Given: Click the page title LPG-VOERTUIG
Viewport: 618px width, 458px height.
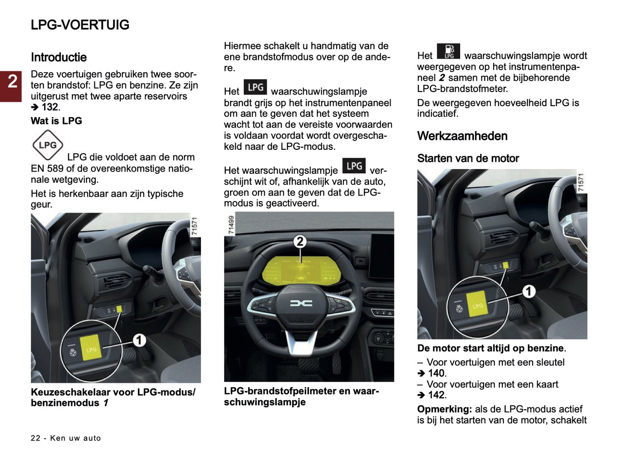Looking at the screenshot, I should pos(80,25).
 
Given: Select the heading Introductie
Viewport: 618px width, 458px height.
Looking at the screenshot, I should pos(59,57).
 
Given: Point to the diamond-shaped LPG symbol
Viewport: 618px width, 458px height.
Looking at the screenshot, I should pos(47,145).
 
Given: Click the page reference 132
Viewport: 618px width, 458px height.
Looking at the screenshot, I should pos(49,107).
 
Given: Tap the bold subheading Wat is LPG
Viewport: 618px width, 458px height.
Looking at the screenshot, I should pos(56,121).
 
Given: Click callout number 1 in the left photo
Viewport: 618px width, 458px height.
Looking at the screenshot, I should pos(139,341).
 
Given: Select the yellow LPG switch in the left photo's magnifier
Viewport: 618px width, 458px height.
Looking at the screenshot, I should pos(91,347).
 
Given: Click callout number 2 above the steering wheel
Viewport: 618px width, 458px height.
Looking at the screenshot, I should pos(300,241).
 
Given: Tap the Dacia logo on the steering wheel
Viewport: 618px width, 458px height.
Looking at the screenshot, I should pos(301,303).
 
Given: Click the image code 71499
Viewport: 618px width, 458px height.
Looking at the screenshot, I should pos(231,225).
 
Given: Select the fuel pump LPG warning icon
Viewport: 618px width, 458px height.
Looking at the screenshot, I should pos(448,51).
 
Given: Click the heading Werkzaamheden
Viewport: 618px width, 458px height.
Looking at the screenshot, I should pos(462,136).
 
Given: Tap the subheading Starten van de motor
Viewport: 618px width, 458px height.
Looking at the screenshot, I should pos(468,159).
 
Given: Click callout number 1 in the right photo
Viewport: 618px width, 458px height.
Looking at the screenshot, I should pos(529,291).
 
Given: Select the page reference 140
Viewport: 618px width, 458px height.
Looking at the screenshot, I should pos(436,373).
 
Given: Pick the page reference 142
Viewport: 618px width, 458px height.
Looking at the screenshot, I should pos(436,395).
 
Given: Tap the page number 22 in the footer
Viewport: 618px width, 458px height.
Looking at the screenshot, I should pos(35,438).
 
